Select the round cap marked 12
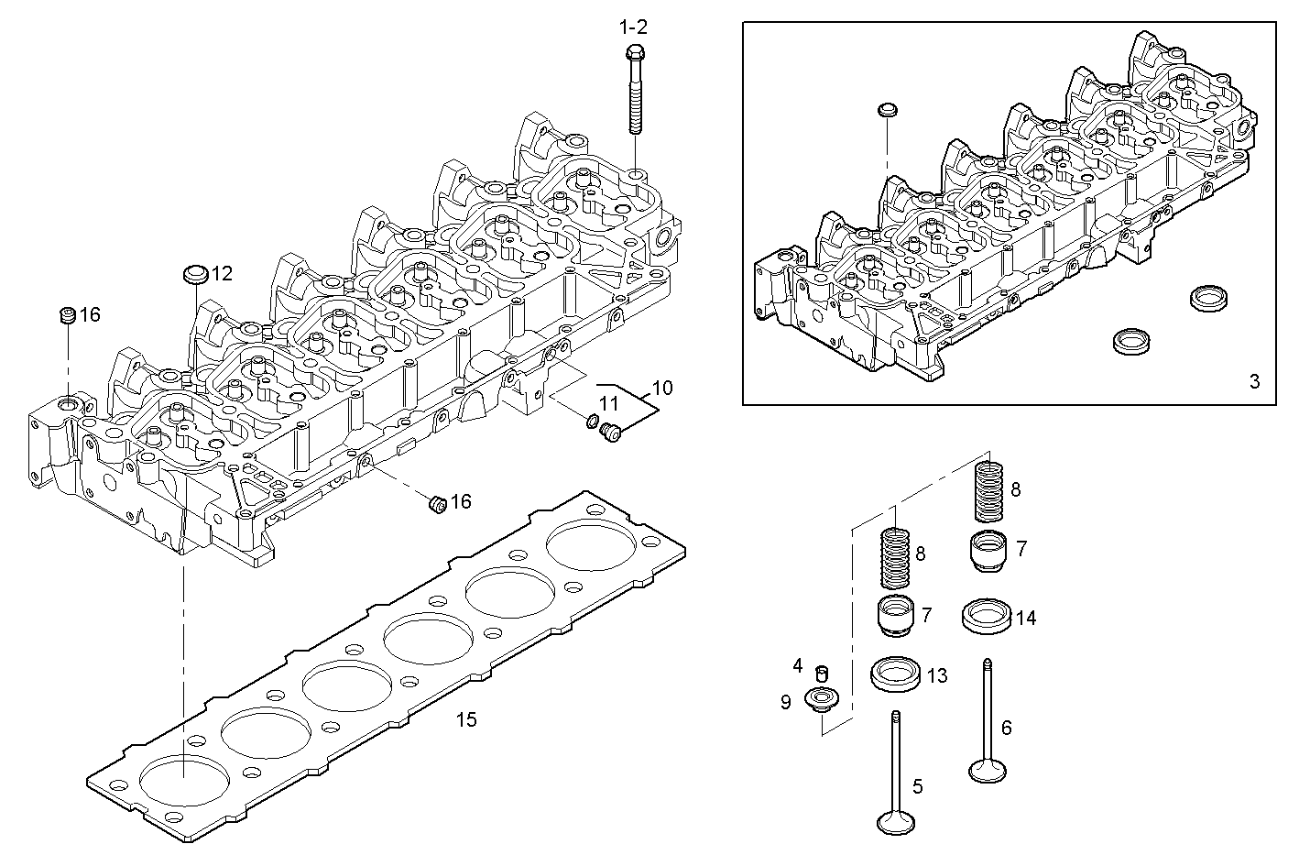196,274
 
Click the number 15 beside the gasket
466,719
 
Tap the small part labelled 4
822,674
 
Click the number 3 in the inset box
1254,381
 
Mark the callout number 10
661,388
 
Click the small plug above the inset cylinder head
886,111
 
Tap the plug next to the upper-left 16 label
67,316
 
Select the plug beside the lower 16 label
438,503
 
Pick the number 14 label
1025,619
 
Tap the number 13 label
936,676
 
